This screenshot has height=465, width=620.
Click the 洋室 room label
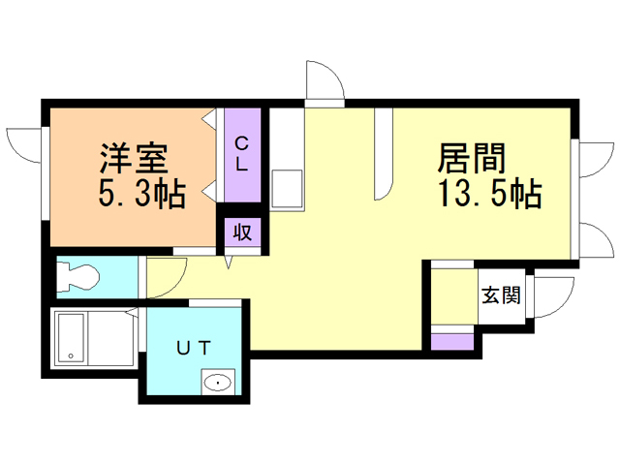(x=133, y=158)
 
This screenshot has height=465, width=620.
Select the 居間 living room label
(x=474, y=158)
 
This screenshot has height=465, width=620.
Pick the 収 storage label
(x=242, y=232)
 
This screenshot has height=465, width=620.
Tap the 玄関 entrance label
(x=501, y=295)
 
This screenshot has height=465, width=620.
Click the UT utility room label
(x=193, y=347)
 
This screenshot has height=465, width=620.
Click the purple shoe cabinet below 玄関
(x=452, y=340)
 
